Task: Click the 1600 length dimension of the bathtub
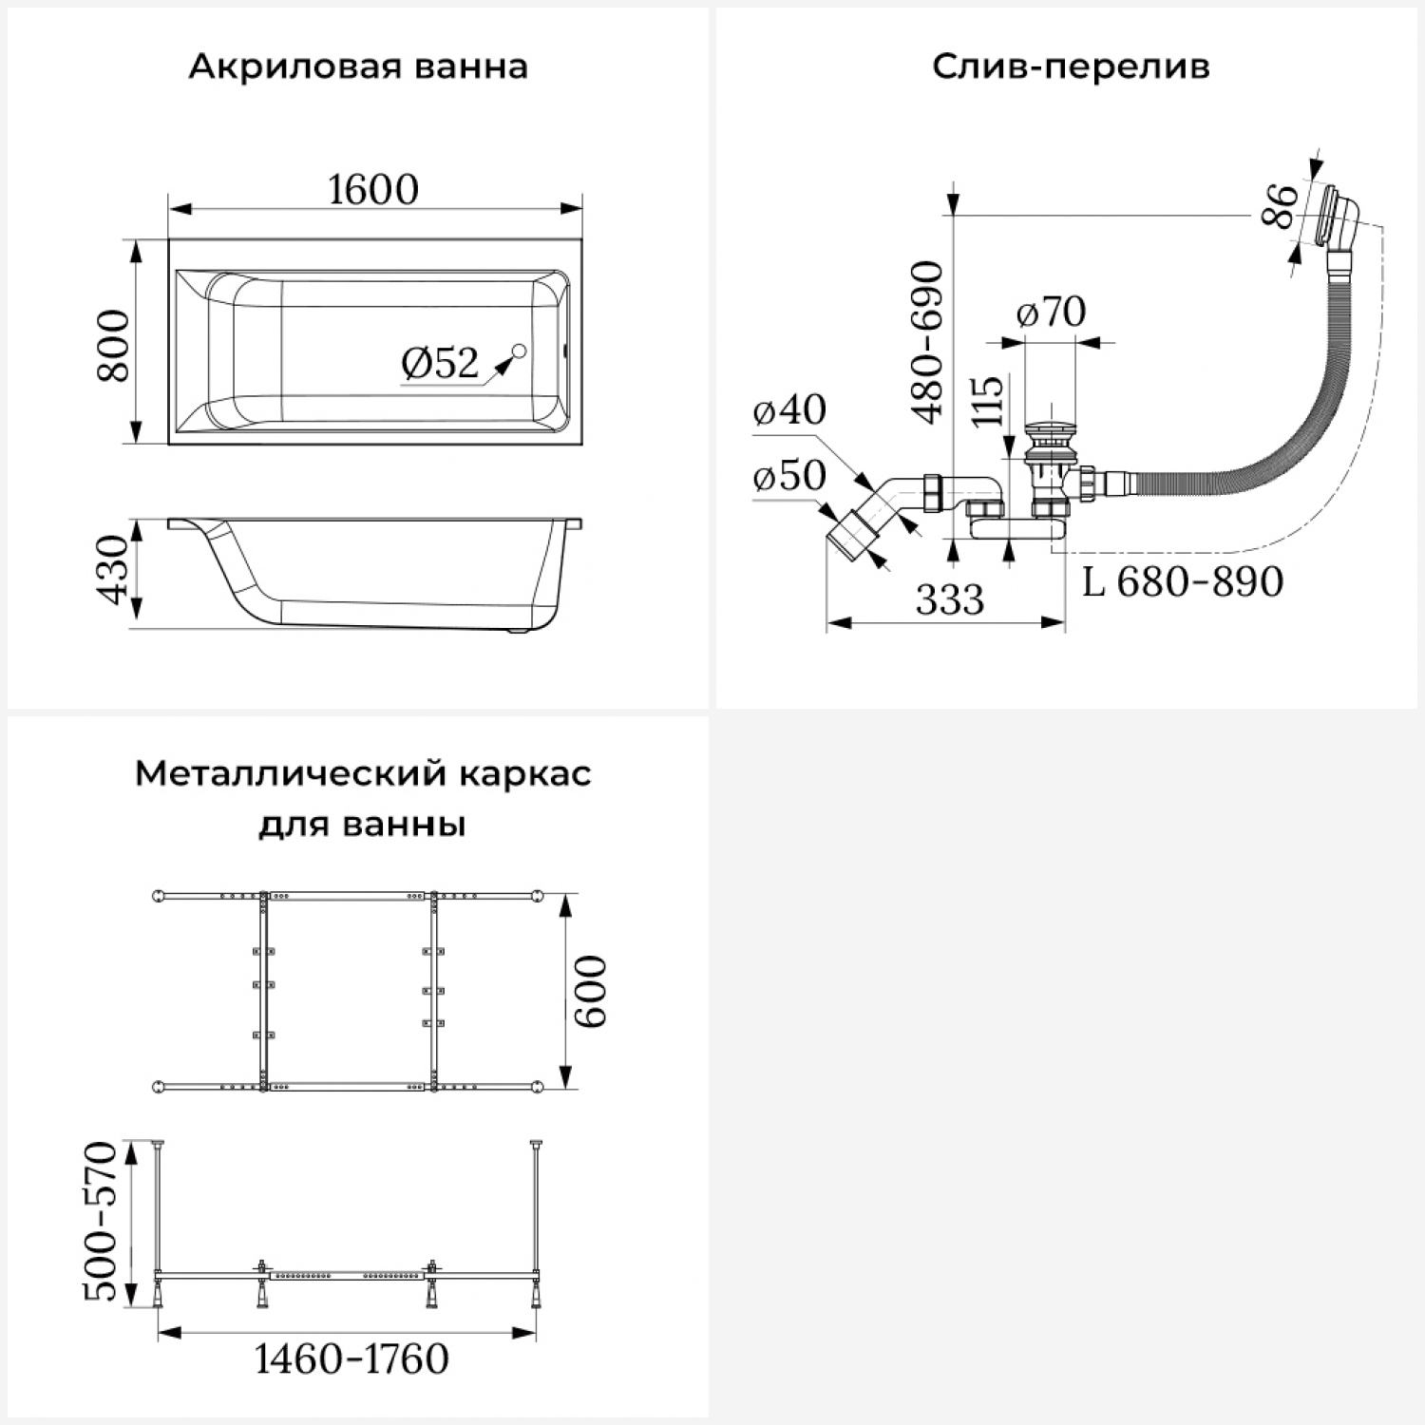[x=373, y=190]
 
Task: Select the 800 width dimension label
[x=115, y=344]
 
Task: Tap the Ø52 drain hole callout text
[x=440, y=363]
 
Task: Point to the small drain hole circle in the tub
[x=519, y=352]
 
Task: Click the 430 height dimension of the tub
[x=115, y=569]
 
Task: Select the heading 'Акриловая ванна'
[x=358, y=67]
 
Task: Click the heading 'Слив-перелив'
[x=1071, y=67]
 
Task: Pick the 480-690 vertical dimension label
[x=927, y=342]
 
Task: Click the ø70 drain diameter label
[x=1051, y=312]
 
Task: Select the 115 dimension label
[x=988, y=401]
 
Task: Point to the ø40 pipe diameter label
[x=789, y=409]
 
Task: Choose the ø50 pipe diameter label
[x=789, y=476]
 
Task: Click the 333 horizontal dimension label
[x=950, y=599]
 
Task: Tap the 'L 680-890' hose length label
[x=1183, y=581]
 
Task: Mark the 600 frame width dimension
[x=590, y=991]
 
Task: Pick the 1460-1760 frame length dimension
[x=351, y=1359]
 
